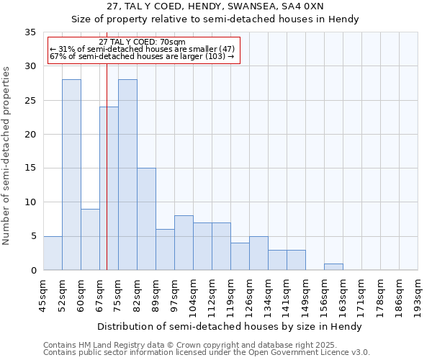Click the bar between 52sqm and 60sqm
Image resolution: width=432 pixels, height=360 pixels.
pyautogui.click(x=71, y=174)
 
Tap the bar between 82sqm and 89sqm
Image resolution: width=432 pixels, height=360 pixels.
pyautogui.click(x=146, y=219)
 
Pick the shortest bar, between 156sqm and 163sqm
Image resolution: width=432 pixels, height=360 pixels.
pyautogui.click(x=333, y=266)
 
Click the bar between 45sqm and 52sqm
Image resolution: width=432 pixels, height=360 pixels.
pyautogui.click(x=53, y=253)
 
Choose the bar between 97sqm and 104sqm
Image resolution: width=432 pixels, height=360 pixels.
pyautogui.click(x=184, y=243)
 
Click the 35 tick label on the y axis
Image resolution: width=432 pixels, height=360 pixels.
pyautogui.click(x=30, y=32)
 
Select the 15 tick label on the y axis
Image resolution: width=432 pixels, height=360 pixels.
pyautogui.click(x=30, y=168)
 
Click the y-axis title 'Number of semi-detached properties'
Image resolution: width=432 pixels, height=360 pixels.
pyautogui.click(x=7, y=156)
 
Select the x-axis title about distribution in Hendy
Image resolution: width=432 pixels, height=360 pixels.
pyautogui.click(x=229, y=326)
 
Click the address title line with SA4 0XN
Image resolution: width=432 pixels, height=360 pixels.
pyautogui.click(x=215, y=6)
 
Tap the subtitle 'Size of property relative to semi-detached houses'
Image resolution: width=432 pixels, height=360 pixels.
pyautogui.click(x=215, y=19)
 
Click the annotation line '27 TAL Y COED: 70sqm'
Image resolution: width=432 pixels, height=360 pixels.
pyautogui.click(x=142, y=42)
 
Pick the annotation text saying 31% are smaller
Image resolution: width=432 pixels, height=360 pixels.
pyautogui.click(x=142, y=49)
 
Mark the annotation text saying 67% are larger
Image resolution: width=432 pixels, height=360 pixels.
pyautogui.click(x=142, y=56)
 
